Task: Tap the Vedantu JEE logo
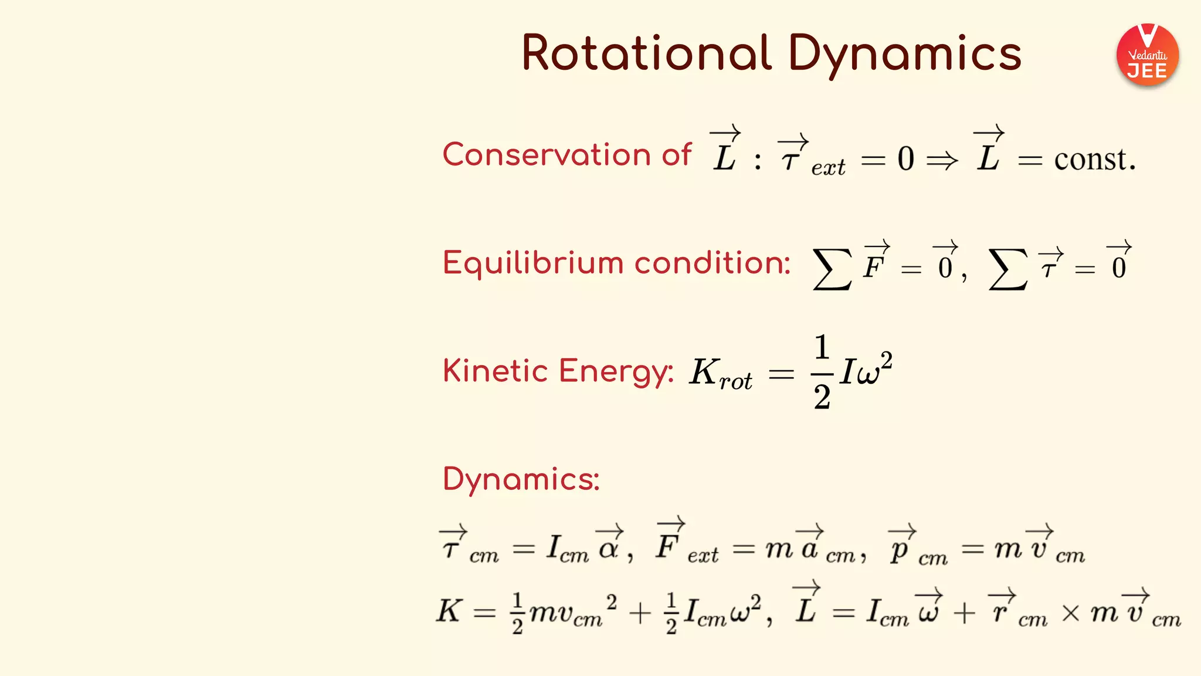click(1147, 55)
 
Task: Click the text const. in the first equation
click(1094, 159)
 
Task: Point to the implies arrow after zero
click(942, 160)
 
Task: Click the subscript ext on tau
click(828, 168)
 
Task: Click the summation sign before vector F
click(832, 269)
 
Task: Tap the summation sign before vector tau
click(1007, 269)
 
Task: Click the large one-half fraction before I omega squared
click(822, 371)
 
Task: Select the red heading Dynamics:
click(521, 479)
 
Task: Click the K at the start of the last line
click(450, 610)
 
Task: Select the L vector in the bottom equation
click(806, 606)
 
